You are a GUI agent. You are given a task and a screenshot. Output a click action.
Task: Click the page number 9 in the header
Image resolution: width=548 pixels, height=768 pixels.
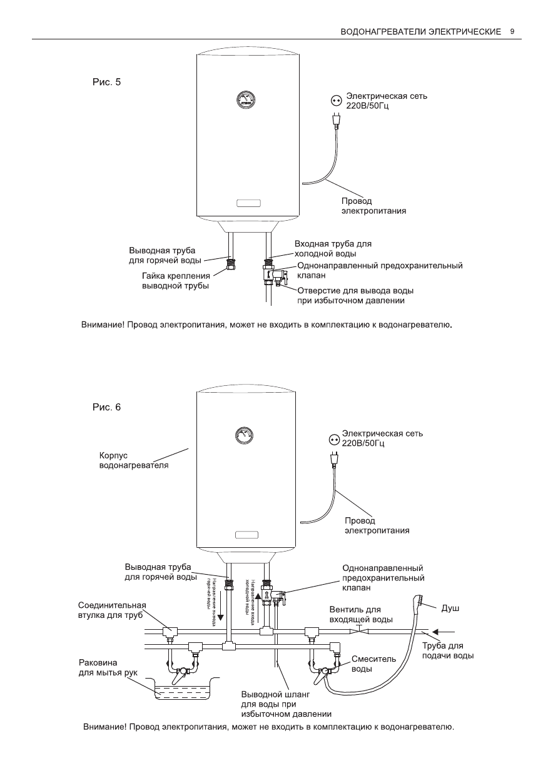[x=512, y=31]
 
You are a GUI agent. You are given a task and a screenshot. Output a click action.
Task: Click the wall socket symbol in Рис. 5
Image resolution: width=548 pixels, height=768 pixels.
[x=337, y=100]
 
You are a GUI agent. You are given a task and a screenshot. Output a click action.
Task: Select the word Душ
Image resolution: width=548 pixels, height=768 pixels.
[x=450, y=607]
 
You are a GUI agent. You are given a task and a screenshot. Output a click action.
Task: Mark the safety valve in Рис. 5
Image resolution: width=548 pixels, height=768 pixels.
[x=273, y=273]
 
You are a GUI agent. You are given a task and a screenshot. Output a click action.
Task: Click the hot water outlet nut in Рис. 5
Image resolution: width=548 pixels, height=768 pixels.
[x=231, y=261]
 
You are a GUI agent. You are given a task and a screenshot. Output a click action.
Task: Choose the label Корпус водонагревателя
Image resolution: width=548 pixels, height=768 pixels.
[x=125, y=461]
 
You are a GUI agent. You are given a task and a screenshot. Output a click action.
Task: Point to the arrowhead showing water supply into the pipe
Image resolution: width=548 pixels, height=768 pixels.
[x=437, y=631]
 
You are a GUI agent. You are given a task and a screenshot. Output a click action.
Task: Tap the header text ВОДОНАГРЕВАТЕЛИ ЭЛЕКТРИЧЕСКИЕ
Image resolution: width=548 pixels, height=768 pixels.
[x=421, y=31]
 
